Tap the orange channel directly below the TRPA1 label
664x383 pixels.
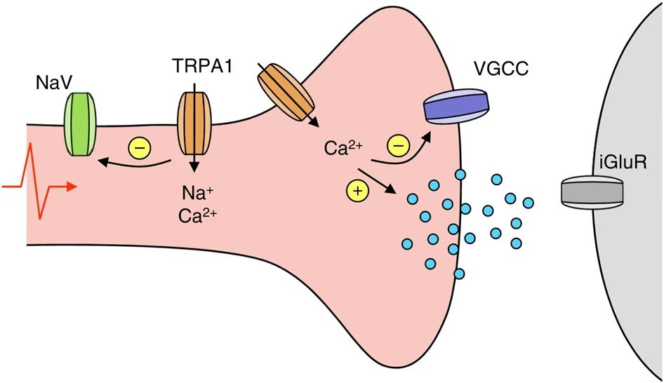tap(192, 125)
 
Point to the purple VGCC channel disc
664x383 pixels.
tap(457, 107)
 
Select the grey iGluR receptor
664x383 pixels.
tap(592, 191)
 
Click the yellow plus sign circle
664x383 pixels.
tap(357, 189)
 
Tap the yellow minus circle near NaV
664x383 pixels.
tap(138, 149)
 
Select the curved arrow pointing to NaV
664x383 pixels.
tap(133, 165)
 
